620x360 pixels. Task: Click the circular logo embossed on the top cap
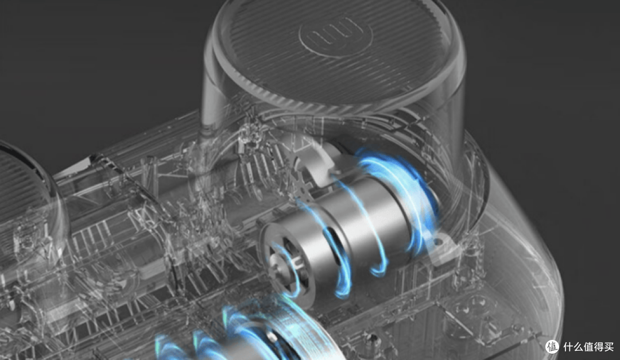tap(335, 36)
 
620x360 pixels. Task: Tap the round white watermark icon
tap(553, 347)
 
